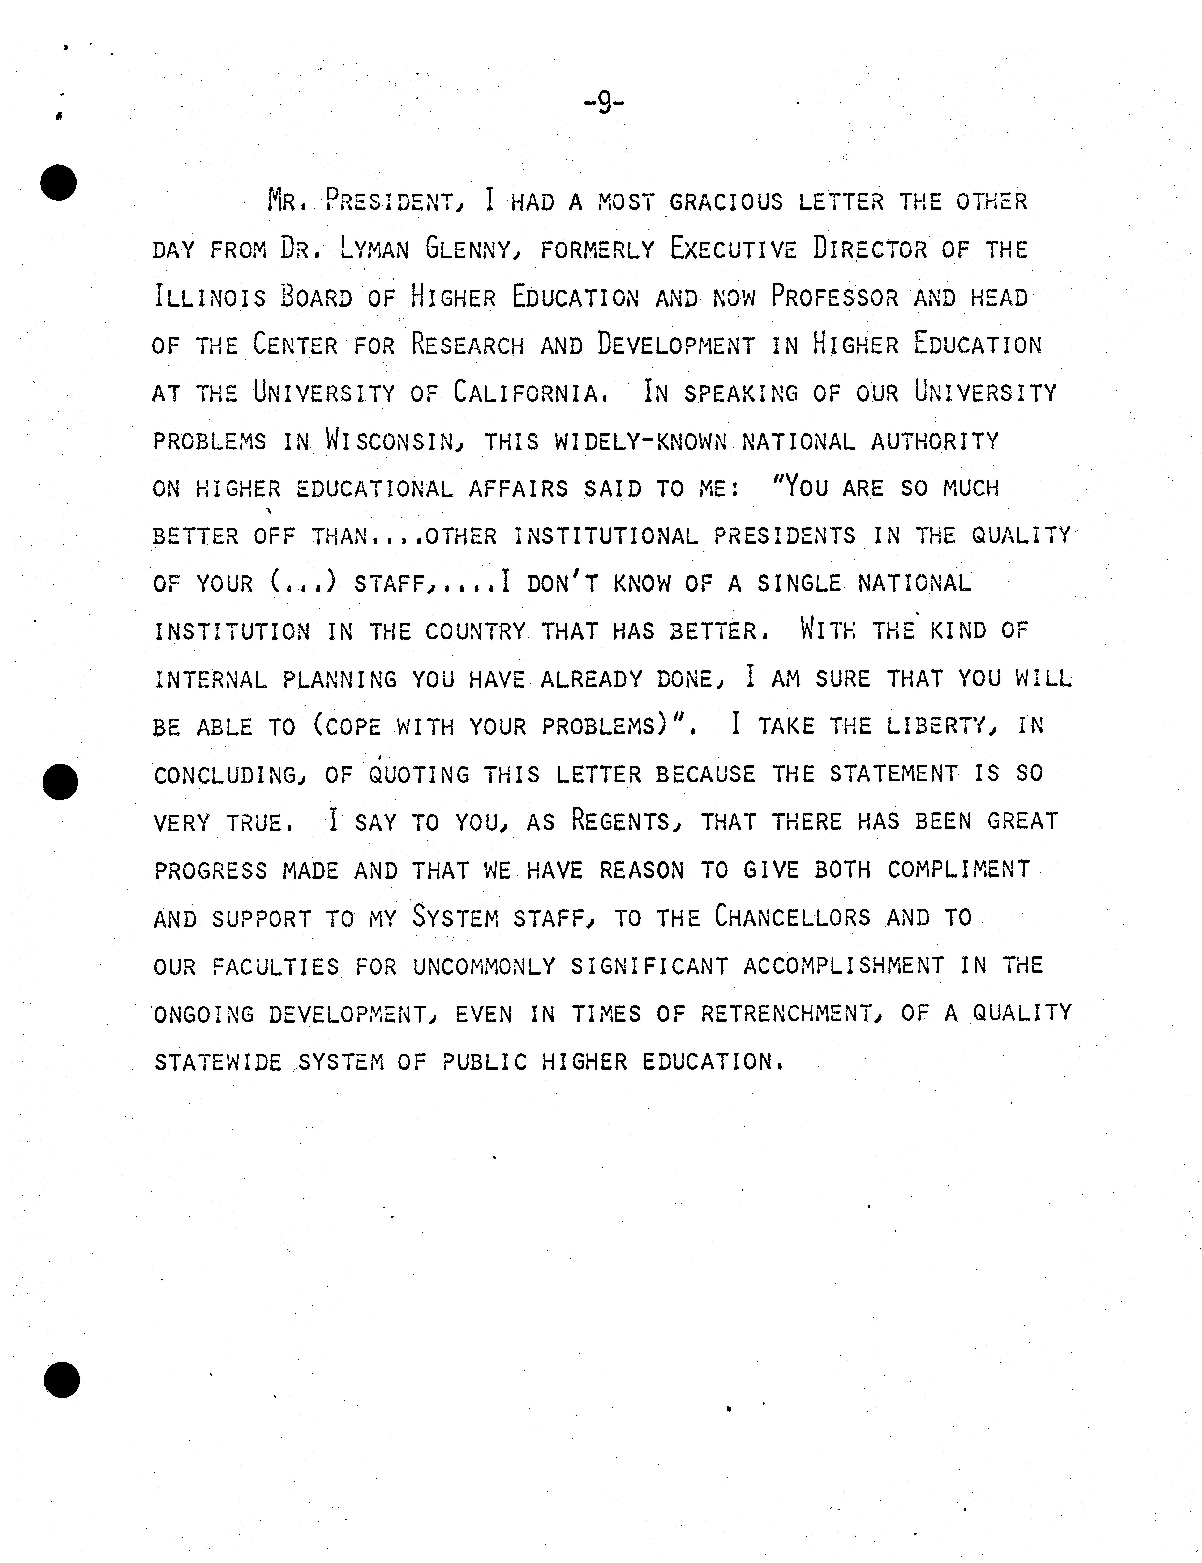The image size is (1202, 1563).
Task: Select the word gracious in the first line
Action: (x=726, y=202)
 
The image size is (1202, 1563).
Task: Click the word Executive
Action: (x=733, y=249)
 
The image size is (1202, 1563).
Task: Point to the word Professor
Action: (x=834, y=297)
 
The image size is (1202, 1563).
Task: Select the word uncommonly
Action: (x=484, y=966)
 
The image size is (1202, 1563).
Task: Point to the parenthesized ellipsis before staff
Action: (x=303, y=583)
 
